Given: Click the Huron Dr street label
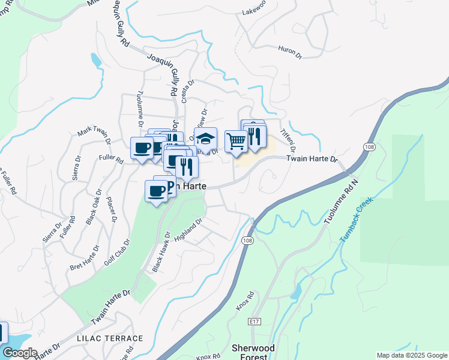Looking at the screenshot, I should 289,51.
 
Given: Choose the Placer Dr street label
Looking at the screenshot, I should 110,209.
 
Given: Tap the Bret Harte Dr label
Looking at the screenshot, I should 84,257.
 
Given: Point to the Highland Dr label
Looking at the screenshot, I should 189,230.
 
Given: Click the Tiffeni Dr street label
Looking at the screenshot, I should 289,140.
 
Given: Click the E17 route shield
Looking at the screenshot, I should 254,322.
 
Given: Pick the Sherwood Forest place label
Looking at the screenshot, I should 253,352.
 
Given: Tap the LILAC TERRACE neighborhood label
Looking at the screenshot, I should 110,338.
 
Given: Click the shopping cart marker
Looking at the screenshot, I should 236,142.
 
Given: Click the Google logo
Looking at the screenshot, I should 19,353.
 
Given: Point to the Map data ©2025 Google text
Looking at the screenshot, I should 411,355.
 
